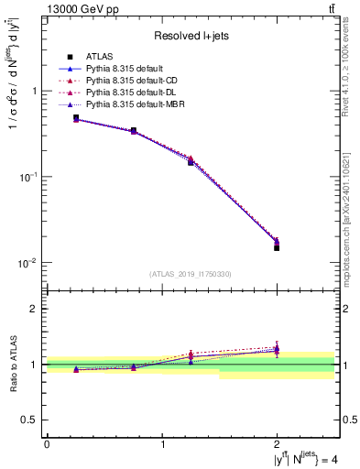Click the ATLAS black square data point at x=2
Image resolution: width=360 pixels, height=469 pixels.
(x=277, y=247)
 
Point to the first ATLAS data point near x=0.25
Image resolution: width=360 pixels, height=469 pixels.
(x=76, y=118)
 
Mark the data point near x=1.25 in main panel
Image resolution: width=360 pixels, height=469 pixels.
(x=191, y=161)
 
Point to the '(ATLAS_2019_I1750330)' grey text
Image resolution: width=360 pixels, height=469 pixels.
(x=191, y=274)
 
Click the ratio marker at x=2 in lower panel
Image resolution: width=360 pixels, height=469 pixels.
(x=277, y=350)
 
